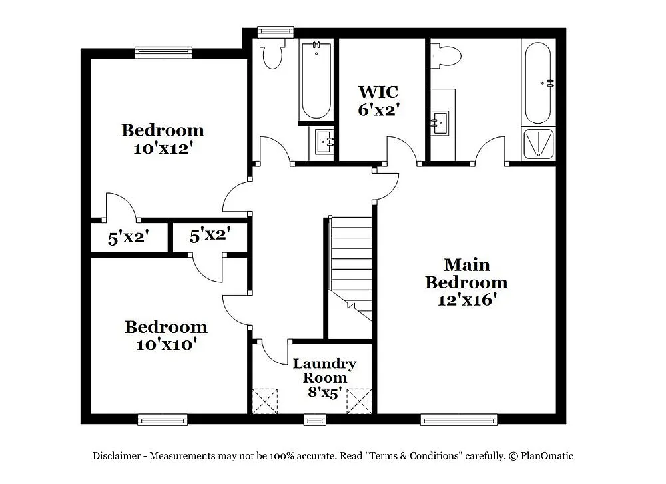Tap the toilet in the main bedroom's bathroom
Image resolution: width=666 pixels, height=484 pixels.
446,55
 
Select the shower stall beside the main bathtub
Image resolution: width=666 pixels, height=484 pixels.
539,144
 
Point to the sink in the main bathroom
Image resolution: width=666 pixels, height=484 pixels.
440,122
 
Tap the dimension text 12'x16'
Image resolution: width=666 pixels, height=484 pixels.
466,300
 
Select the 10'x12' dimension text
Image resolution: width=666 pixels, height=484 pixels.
163,148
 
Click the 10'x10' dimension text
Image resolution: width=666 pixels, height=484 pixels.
166,344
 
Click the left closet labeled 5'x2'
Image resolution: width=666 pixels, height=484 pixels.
128,238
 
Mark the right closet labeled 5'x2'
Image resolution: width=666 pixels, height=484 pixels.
210,235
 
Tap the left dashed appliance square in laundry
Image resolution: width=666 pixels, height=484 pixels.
266,401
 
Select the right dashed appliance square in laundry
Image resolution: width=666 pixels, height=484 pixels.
359,401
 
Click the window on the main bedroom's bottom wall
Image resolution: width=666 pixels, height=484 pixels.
459,419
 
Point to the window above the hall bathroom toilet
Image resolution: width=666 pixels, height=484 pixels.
276,31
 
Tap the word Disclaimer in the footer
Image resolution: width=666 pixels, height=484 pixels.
116,456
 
